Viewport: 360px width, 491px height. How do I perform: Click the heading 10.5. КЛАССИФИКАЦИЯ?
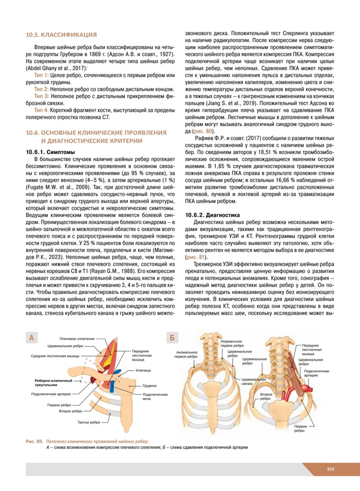click(x=61, y=34)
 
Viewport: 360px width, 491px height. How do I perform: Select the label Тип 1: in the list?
click(x=41, y=76)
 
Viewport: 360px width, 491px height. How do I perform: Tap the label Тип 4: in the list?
click(x=41, y=110)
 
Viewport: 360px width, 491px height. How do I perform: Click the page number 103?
click(x=331, y=469)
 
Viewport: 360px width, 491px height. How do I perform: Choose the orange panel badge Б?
click(x=173, y=338)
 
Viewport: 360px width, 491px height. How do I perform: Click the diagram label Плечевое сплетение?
click(x=77, y=339)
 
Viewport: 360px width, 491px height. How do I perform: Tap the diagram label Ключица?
click(x=143, y=370)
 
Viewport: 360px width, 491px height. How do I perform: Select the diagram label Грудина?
click(x=149, y=386)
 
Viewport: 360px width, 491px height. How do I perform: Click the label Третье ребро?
click(x=89, y=422)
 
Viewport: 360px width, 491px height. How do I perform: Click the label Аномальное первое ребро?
click(x=187, y=354)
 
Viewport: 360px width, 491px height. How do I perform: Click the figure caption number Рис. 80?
click(x=34, y=441)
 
